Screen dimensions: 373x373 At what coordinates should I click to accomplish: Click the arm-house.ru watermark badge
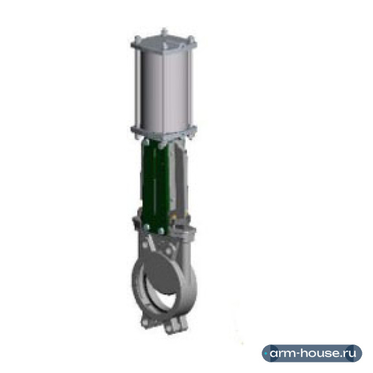[x=312, y=353]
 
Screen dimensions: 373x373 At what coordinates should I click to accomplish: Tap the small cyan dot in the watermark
[x=265, y=354]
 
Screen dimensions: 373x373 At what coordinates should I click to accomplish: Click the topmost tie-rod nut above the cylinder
[x=163, y=31]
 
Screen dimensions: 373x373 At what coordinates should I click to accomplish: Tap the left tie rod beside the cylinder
[x=137, y=88]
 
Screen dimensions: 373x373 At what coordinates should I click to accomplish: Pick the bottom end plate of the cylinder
[x=164, y=132]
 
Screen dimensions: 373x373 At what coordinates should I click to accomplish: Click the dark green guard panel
[x=155, y=185]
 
